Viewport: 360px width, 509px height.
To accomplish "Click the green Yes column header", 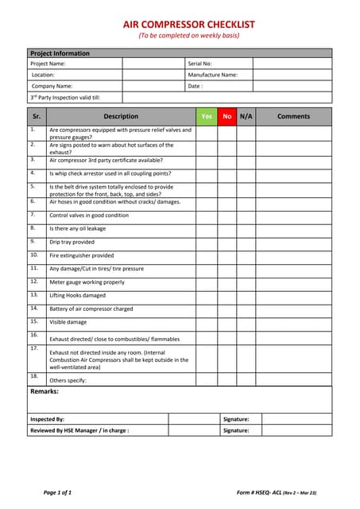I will [x=207, y=116].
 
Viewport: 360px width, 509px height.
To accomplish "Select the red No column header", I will [x=227, y=116].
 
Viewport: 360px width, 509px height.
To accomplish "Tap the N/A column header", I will [x=246, y=116].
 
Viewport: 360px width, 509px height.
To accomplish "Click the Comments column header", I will [x=293, y=116].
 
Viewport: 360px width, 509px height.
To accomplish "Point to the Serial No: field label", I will [x=199, y=63].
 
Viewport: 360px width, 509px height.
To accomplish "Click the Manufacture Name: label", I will [x=212, y=74].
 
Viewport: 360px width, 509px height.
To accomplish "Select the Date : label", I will [x=195, y=85].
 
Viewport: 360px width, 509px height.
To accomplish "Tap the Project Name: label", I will [x=48, y=63].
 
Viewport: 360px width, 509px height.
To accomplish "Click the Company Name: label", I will [x=52, y=85].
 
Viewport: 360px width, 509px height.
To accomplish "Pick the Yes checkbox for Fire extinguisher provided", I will [x=207, y=255].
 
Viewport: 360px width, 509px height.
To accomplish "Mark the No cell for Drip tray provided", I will [x=227, y=242].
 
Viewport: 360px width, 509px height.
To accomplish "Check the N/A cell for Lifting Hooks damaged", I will [x=246, y=295].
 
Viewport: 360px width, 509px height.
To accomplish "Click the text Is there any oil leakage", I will [x=77, y=228].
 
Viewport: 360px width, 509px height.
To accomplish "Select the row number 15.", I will [x=34, y=321].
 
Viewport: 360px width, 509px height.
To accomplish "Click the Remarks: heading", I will [x=44, y=391].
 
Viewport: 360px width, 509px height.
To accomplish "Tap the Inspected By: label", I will [x=47, y=418].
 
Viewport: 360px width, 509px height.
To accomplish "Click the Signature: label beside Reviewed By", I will [x=236, y=430].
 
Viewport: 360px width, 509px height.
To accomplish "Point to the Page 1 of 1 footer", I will [x=57, y=493].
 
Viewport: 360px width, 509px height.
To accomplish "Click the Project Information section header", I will [x=60, y=53].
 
